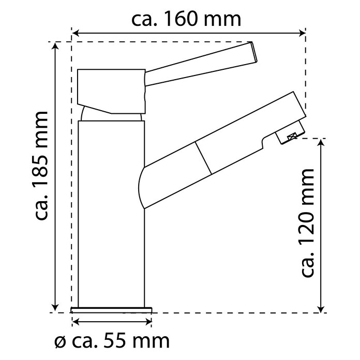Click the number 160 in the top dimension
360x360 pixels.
pyautogui.click(x=181, y=19)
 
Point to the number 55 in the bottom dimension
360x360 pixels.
pyautogui.click(x=115, y=341)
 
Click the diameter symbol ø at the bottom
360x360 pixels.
pyautogui.click(x=60, y=342)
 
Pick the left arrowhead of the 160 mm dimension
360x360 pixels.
pyautogui.click(x=76, y=33)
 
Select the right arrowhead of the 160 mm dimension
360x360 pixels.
pyautogui.click(x=302, y=33)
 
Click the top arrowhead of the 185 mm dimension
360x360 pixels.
pyautogui.click(x=55, y=46)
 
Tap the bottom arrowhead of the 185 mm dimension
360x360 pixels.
pyautogui.click(x=55, y=308)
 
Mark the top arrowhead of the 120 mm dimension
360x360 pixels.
pyautogui.click(x=321, y=142)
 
